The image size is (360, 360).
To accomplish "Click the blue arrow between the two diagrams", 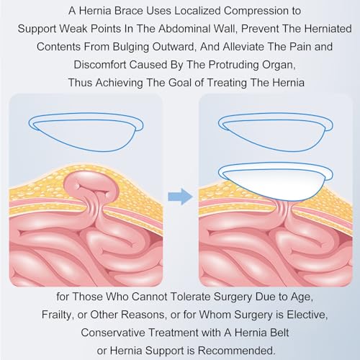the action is [x=180, y=197].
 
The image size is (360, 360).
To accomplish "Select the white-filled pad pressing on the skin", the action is [x=276, y=182].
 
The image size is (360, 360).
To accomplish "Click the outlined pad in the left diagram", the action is [x=86, y=132].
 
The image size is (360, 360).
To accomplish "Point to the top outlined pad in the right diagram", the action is [x=276, y=132].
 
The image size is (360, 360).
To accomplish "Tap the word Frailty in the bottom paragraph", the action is [x=57, y=315].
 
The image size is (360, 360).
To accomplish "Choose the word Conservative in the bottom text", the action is [x=113, y=333].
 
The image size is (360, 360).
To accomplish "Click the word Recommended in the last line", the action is [x=236, y=351].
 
